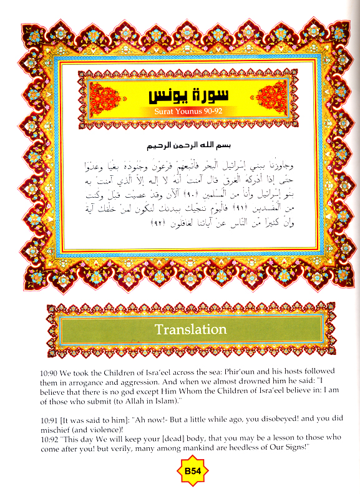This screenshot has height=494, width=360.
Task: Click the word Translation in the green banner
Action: click(190, 329)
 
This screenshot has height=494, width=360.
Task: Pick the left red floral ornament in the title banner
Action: click(104, 99)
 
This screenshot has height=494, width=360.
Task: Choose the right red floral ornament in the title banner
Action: click(271, 99)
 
